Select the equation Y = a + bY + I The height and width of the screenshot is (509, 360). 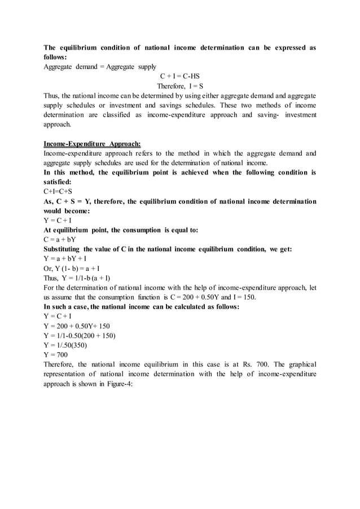point(65,259)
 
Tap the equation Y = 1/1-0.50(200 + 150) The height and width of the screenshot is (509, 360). point(80,336)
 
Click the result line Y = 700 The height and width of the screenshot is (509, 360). point(55,355)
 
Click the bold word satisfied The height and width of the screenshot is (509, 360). point(58,182)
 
